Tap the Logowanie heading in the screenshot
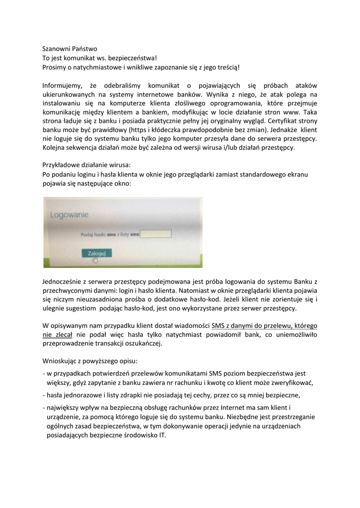click(x=70, y=215)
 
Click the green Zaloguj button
click(x=97, y=253)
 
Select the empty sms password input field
click(x=156, y=234)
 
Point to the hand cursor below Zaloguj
click(x=95, y=259)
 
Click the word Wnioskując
click(x=60, y=362)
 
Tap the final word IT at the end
click(x=162, y=435)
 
